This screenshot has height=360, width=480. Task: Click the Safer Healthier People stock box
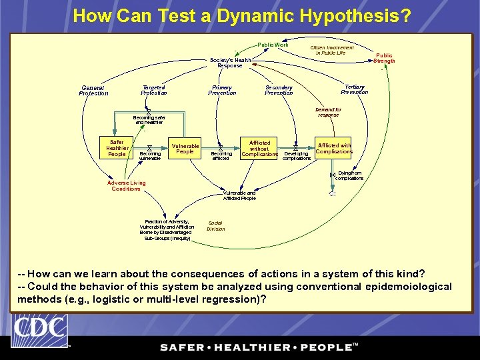pyautogui.click(x=117, y=148)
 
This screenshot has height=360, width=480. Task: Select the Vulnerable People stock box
pyautogui.click(x=185, y=149)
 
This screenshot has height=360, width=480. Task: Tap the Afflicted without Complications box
pyautogui.click(x=259, y=148)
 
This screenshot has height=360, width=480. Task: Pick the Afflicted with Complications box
pyautogui.click(x=334, y=148)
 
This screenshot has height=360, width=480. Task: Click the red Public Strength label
pyautogui.click(x=384, y=58)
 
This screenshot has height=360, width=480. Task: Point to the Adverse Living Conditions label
pyautogui.click(x=126, y=186)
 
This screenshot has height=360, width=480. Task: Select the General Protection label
pyautogui.click(x=93, y=91)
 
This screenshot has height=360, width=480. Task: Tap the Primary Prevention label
pyautogui.click(x=222, y=90)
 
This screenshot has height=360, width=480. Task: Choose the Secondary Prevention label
pyautogui.click(x=279, y=90)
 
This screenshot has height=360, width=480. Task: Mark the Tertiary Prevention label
pyautogui.click(x=354, y=89)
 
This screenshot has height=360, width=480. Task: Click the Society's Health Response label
pyautogui.click(x=230, y=63)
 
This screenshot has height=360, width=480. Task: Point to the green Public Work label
pyautogui.click(x=273, y=45)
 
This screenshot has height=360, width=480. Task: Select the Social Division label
pyautogui.click(x=215, y=226)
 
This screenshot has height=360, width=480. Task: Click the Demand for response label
pyautogui.click(x=328, y=112)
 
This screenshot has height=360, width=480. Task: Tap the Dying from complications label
pyautogui.click(x=349, y=175)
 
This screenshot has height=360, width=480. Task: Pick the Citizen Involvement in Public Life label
pyautogui.click(x=332, y=50)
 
